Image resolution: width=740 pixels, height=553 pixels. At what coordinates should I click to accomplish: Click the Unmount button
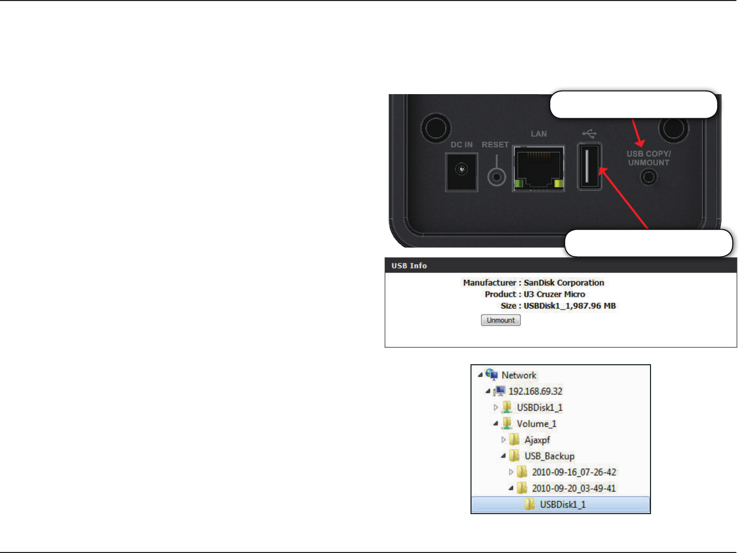click(x=501, y=320)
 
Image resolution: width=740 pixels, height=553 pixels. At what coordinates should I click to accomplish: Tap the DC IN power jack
click(x=461, y=170)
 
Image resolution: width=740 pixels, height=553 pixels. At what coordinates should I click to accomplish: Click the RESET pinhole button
click(x=496, y=177)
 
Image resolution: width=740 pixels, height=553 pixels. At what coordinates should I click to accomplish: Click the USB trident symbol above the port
click(x=590, y=134)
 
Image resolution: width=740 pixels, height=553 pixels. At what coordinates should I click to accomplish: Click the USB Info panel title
click(x=409, y=266)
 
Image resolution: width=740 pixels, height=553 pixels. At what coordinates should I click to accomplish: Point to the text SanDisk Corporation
click(x=564, y=283)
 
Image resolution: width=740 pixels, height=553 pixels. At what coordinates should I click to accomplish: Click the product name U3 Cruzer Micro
click(x=554, y=295)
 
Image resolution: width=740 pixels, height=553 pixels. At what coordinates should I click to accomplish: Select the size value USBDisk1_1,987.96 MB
click(x=569, y=306)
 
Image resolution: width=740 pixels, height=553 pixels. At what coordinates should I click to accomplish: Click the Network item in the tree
click(x=519, y=375)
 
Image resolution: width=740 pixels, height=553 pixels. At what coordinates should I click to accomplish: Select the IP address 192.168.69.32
click(x=535, y=391)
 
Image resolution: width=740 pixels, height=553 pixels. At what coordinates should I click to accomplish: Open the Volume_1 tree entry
click(x=536, y=424)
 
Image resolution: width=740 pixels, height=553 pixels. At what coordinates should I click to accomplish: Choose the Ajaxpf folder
click(x=537, y=440)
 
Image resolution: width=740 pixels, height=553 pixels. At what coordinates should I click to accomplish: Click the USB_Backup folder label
click(x=549, y=456)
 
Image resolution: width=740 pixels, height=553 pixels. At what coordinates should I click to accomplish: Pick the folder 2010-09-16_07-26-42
click(x=574, y=472)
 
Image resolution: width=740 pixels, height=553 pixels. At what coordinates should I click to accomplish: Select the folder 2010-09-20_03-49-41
click(x=574, y=489)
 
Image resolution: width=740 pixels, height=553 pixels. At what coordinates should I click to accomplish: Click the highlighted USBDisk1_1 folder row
click(x=563, y=505)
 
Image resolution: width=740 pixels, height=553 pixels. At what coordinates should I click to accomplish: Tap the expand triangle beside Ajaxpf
click(x=503, y=440)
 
